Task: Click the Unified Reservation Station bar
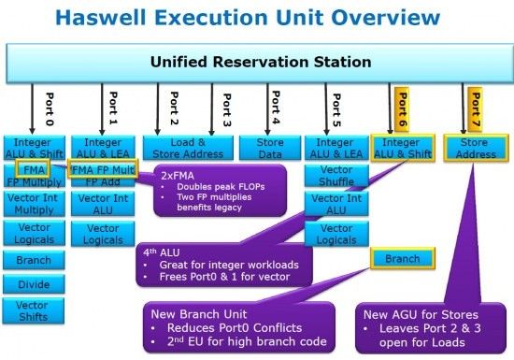261,63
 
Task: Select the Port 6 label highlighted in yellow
402,109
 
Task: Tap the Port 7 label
475,109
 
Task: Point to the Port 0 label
50,109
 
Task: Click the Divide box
34,284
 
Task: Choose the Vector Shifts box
34,310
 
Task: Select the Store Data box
270,148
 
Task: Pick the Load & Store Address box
188,148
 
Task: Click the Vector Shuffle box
336,176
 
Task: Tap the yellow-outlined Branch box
403,259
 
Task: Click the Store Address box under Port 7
476,148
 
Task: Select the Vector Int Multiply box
34,204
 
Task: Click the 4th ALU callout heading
162,252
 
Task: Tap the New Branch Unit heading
199,314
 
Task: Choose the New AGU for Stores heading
421,315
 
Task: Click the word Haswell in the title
101,18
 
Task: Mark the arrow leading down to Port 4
267,108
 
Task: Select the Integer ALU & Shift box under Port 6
403,148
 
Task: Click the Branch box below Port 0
34,260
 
